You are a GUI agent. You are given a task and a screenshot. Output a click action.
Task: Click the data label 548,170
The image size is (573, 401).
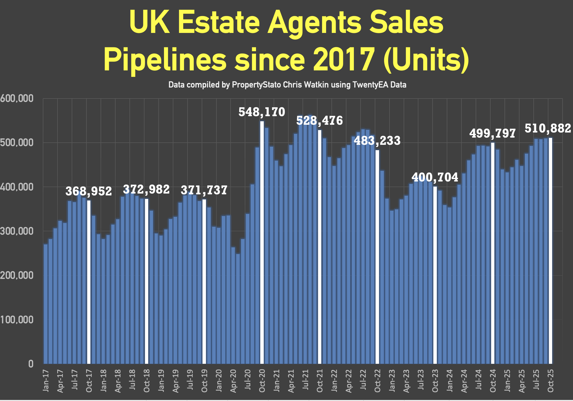[262, 112]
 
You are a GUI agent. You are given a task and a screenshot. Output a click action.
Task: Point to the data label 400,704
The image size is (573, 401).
[435, 177]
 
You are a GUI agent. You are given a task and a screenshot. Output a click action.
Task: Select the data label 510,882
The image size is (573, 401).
[548, 129]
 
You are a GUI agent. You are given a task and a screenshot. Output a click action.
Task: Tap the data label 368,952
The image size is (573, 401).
[89, 191]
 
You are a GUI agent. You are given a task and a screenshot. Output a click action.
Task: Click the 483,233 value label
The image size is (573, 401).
[377, 141]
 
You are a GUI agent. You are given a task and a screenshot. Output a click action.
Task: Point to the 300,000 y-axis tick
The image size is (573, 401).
[17, 231]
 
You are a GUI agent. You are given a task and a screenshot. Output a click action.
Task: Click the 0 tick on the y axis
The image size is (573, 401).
[31, 364]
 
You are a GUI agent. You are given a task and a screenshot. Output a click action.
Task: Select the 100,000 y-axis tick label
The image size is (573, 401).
[17, 320]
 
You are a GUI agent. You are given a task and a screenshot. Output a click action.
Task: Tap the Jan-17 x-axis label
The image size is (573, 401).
[46, 381]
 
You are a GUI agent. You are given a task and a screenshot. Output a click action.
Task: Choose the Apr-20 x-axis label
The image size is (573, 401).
[233, 381]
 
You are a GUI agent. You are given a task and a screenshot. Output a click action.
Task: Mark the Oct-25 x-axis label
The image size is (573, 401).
[551, 381]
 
